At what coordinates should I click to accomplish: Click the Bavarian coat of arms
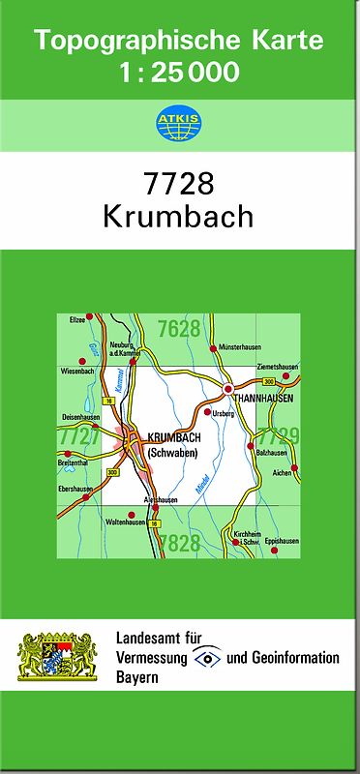57,657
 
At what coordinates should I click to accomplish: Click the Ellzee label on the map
77,318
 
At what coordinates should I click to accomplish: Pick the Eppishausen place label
282,542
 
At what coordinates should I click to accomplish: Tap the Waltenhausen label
124,521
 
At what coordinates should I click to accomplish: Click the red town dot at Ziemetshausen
295,376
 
